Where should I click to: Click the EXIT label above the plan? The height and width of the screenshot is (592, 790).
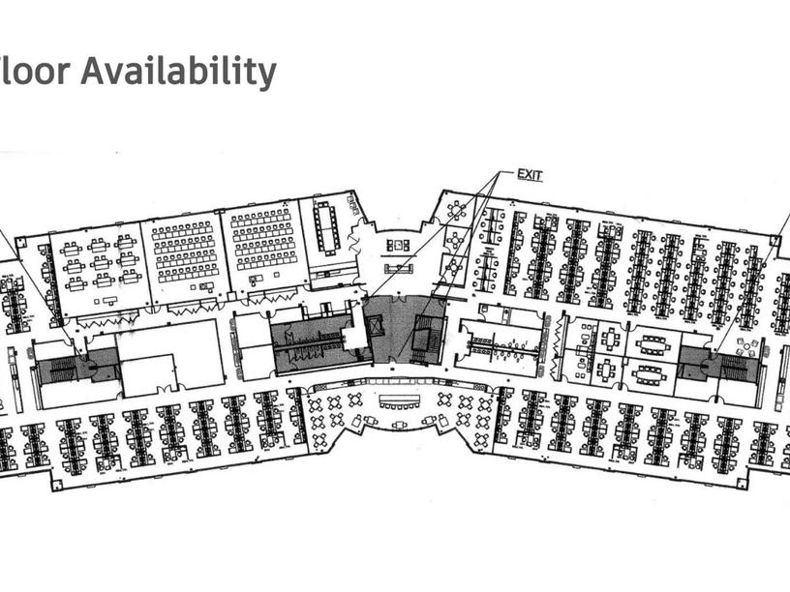coord(530,175)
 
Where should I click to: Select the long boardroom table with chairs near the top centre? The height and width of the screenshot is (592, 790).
coord(325,227)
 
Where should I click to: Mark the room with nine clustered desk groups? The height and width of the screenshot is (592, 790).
coord(98,262)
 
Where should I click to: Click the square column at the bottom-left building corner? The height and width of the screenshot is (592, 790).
coord(56,485)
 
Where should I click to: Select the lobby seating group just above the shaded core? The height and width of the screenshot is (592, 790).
coord(399,267)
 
